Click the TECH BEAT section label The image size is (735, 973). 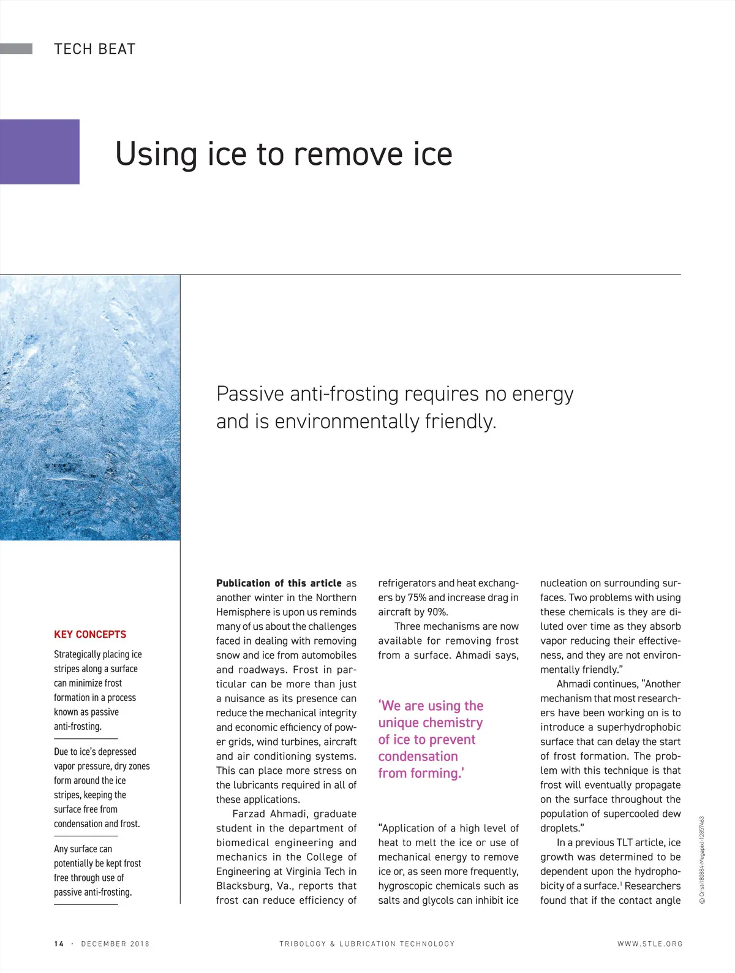pyautogui.click(x=94, y=49)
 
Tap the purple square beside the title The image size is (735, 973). pyautogui.click(x=40, y=151)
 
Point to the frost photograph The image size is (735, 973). pyautogui.click(x=90, y=407)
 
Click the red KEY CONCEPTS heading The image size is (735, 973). pyautogui.click(x=90, y=634)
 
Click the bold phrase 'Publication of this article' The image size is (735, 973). pyautogui.click(x=279, y=583)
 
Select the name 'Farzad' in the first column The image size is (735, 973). pyautogui.click(x=249, y=814)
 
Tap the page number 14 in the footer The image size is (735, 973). pyautogui.click(x=59, y=944)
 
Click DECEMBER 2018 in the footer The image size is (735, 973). pyautogui.click(x=115, y=944)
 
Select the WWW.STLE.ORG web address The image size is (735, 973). pyautogui.click(x=650, y=944)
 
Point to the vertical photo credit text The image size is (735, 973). pyautogui.click(x=702, y=860)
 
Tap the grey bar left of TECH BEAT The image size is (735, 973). pyautogui.click(x=16, y=49)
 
